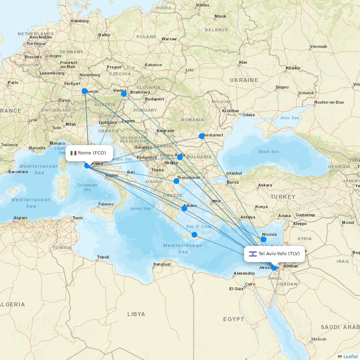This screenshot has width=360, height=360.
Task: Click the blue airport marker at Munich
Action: (x=85, y=91)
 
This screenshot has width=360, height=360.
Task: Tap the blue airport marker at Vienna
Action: (x=124, y=94)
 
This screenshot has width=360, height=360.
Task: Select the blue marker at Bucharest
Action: (x=202, y=136)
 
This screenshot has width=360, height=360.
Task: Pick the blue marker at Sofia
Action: (x=180, y=157)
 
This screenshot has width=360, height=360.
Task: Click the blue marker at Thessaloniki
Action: (x=176, y=181)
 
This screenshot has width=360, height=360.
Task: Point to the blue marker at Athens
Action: (x=184, y=208)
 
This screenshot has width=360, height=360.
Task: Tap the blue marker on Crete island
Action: (x=194, y=235)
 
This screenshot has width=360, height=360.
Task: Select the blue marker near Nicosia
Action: (x=264, y=239)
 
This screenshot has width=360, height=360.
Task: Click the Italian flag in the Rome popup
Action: (x=73, y=153)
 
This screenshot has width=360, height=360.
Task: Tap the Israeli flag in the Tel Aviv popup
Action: (x=253, y=254)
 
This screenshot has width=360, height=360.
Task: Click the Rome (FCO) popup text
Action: (x=92, y=153)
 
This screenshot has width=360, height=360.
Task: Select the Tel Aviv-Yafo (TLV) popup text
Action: (x=279, y=254)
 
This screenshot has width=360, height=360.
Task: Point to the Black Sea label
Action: (x=269, y=152)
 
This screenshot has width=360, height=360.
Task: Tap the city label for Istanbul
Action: (x=234, y=173)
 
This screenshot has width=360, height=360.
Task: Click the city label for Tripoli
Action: (x=103, y=257)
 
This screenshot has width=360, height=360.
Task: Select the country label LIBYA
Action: (x=136, y=314)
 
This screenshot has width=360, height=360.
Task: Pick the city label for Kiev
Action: (x=243, y=62)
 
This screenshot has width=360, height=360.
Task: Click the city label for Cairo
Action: (x=250, y=284)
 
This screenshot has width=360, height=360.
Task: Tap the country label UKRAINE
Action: (x=244, y=80)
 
